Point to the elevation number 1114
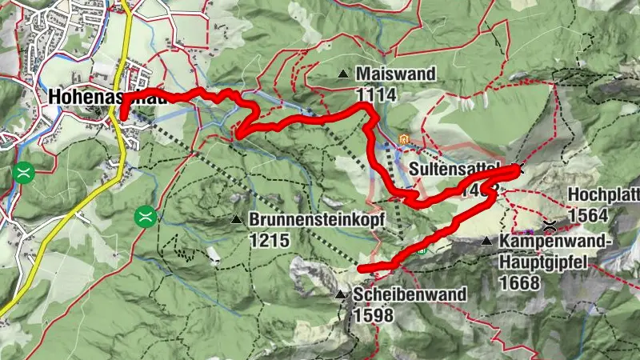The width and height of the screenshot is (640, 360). [376, 94]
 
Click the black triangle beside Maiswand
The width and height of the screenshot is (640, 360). [343, 74]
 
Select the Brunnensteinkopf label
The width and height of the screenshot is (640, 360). [317, 218]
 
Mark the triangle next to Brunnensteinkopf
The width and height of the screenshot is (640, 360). [236, 219]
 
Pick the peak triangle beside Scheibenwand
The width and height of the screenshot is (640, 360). [341, 295]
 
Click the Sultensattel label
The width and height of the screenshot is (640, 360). [453, 170]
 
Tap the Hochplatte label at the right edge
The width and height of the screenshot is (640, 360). [603, 195]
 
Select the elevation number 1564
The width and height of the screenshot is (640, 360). [589, 214]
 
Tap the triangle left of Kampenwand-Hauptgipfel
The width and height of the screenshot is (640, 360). [486, 241]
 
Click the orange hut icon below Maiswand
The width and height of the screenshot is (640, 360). [405, 141]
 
